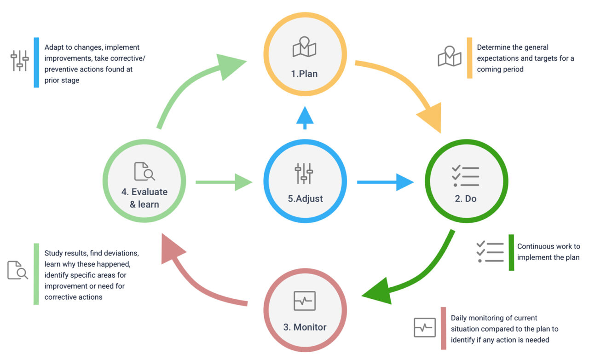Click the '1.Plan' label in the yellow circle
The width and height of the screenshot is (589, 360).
click(x=304, y=74)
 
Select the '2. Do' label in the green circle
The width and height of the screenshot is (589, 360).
click(x=465, y=199)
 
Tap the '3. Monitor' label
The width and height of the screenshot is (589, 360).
click(x=305, y=327)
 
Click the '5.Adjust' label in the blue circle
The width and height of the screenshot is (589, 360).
click(x=305, y=199)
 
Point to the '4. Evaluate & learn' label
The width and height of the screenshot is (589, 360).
click(x=144, y=198)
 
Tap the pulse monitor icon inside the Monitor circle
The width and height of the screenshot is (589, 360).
click(x=305, y=301)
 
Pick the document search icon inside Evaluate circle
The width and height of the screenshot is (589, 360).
click(x=144, y=171)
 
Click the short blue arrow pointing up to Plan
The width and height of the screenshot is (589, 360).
click(x=305, y=118)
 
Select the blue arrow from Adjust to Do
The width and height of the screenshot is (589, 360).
click(x=386, y=182)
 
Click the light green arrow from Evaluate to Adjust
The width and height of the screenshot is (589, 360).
click(x=224, y=182)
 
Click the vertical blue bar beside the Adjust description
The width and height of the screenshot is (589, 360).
click(x=36, y=62)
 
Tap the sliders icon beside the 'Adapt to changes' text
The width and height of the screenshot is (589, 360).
click(x=20, y=61)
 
